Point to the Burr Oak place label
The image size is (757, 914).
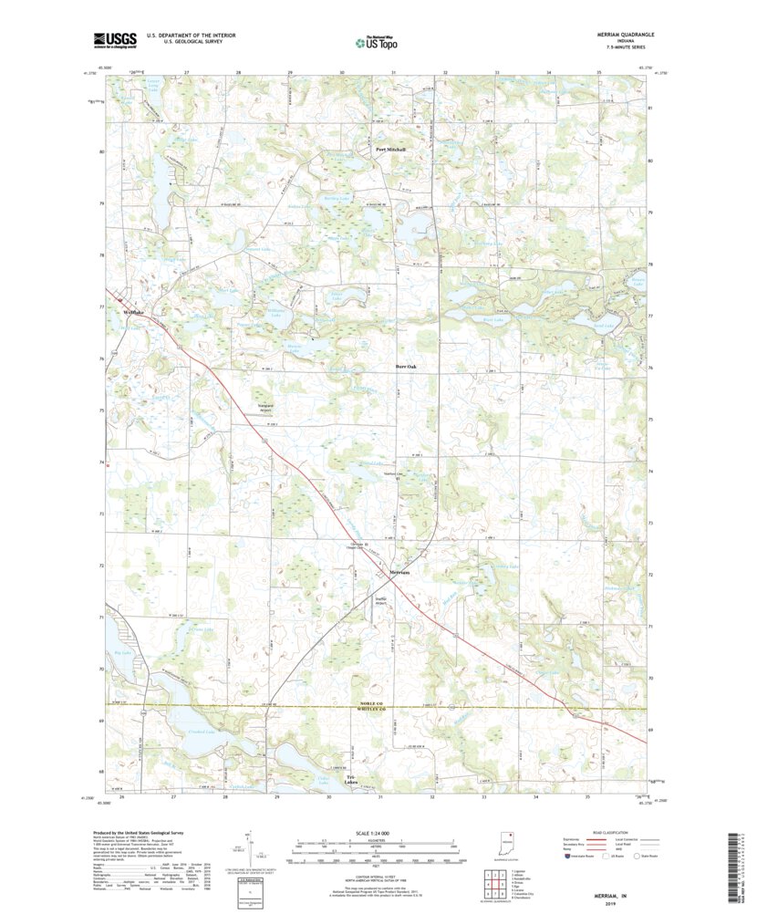(406, 367)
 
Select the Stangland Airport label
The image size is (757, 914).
(265, 410)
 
